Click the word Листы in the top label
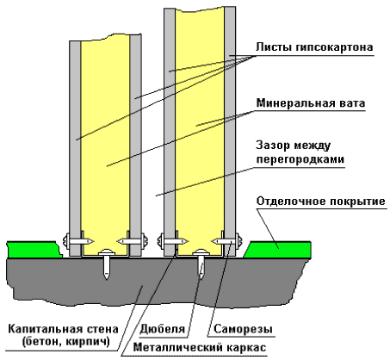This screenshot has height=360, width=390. click(x=274, y=47)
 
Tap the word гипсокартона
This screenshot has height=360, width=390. click(x=334, y=48)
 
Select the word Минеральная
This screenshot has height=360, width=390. click(x=298, y=102)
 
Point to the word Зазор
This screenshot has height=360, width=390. click(x=273, y=146)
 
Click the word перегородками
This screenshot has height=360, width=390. click(x=300, y=159)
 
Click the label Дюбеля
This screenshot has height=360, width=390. click(x=162, y=329)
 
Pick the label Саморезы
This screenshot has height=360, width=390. click(x=243, y=329)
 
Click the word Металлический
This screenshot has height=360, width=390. click(x=178, y=348)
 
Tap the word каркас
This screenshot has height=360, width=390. click(x=246, y=348)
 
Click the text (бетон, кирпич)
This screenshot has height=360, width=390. click(x=65, y=342)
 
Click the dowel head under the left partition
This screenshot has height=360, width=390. click(x=106, y=252)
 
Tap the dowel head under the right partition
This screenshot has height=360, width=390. click(x=201, y=252)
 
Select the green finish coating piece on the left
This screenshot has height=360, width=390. click(x=34, y=250)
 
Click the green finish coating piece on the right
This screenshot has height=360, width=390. click(x=277, y=250)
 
